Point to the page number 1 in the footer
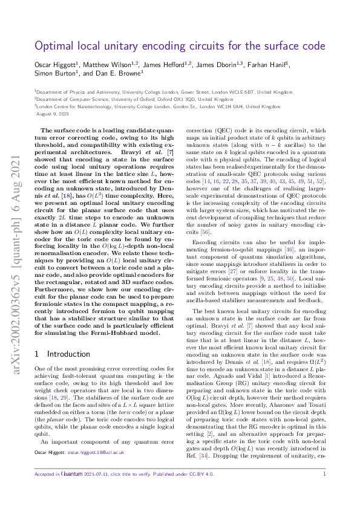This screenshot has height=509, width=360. [x=324, y=491]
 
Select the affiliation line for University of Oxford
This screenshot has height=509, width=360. [x=133, y=98]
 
